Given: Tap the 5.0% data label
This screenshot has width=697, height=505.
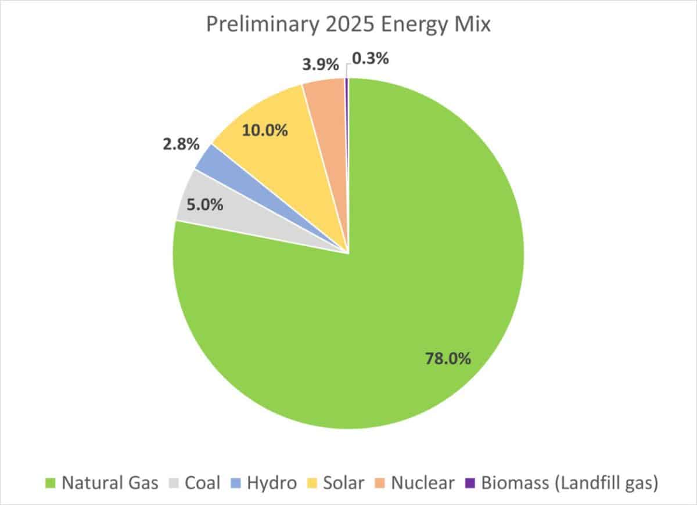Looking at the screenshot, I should coord(204,204).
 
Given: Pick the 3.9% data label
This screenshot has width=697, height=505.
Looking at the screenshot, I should coord(320,64).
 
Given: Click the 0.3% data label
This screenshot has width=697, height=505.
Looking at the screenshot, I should coord(370,59).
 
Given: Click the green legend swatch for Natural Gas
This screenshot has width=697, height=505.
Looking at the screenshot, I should coord(51,483).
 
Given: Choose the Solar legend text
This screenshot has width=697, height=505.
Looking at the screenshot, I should coord(344,483).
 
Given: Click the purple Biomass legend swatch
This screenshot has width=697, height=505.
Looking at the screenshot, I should coord(470,483).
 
